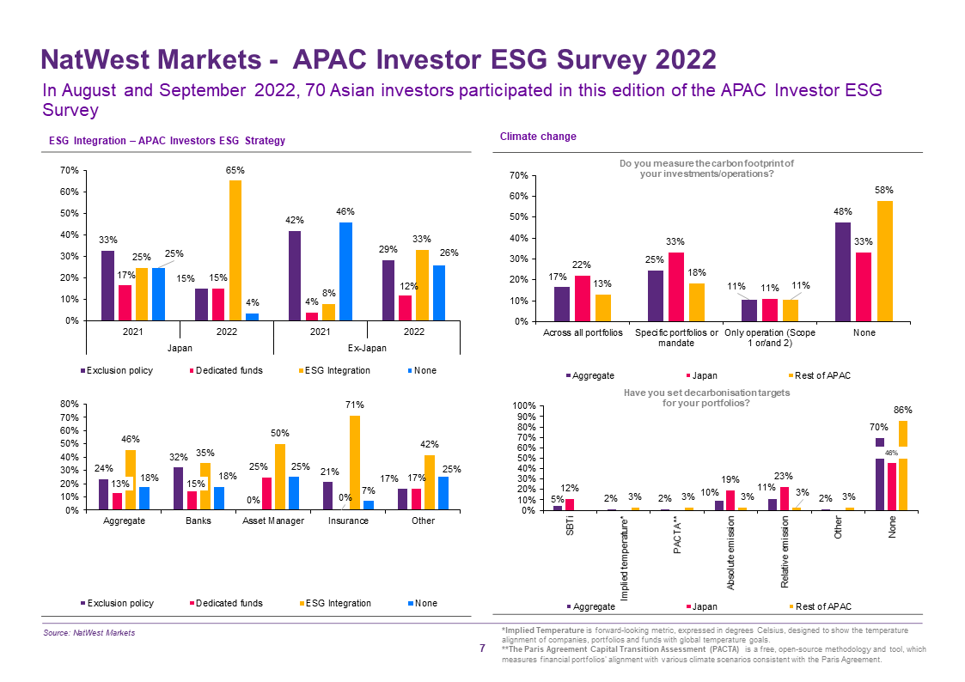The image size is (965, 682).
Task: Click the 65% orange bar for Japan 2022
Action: pos(235,250)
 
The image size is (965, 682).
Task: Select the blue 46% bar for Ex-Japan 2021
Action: pos(345,271)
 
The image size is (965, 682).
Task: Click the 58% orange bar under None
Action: pos(884,261)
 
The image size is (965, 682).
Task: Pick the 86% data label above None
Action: pos(903,411)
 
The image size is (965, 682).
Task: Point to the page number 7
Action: pos(482,649)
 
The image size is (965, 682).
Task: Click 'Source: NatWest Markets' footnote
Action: pos(89,633)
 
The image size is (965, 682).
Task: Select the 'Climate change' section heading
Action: pos(526,137)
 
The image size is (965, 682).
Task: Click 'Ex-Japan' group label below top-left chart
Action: pos(367,348)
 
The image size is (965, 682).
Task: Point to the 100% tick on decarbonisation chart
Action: pos(522,406)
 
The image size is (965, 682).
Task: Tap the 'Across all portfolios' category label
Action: pos(583,332)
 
